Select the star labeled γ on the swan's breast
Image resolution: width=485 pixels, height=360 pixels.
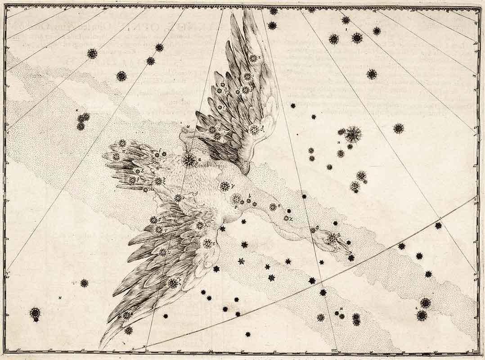(x=225, y=186)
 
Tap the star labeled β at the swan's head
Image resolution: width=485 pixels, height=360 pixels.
(x=332, y=236)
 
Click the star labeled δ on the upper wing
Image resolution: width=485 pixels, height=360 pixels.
(x=254, y=130)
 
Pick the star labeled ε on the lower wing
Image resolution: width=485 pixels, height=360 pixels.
(x=207, y=243)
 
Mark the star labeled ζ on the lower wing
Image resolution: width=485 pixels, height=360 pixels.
(x=173, y=283)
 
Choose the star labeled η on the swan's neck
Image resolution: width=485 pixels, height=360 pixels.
(x=273, y=207)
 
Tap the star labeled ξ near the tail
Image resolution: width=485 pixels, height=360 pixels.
(x=159, y=181)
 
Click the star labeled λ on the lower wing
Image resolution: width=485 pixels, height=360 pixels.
(x=200, y=225)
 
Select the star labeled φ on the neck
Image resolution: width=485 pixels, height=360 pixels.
(x=313, y=230)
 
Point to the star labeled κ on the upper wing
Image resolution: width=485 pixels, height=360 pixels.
(x=253, y=58)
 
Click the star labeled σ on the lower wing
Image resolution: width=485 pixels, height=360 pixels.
(x=153, y=220)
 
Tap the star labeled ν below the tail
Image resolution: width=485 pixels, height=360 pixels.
(x=178, y=198)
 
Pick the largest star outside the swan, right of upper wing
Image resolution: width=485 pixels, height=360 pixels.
(x=353, y=134)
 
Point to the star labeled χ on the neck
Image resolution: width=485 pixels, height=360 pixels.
(x=286, y=218)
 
